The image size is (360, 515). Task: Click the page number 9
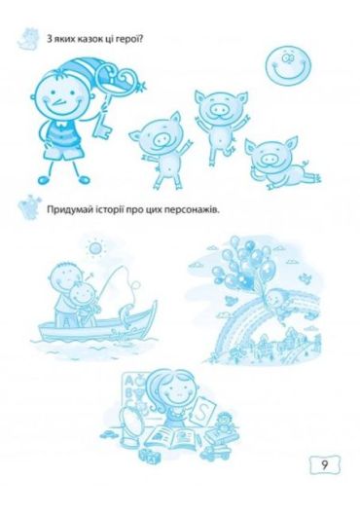point(324,464)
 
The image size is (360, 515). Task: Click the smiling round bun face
point(288,64)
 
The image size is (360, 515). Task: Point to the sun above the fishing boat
point(94,248)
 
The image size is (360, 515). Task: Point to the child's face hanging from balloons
point(273,299)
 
